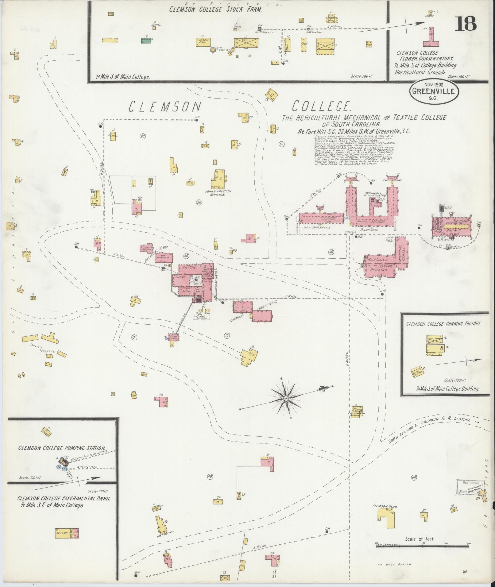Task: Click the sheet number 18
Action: (465, 24)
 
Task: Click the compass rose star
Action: (286, 398)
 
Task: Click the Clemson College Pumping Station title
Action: (62, 448)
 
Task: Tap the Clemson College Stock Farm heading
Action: (216, 9)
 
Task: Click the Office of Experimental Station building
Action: (357, 411)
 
